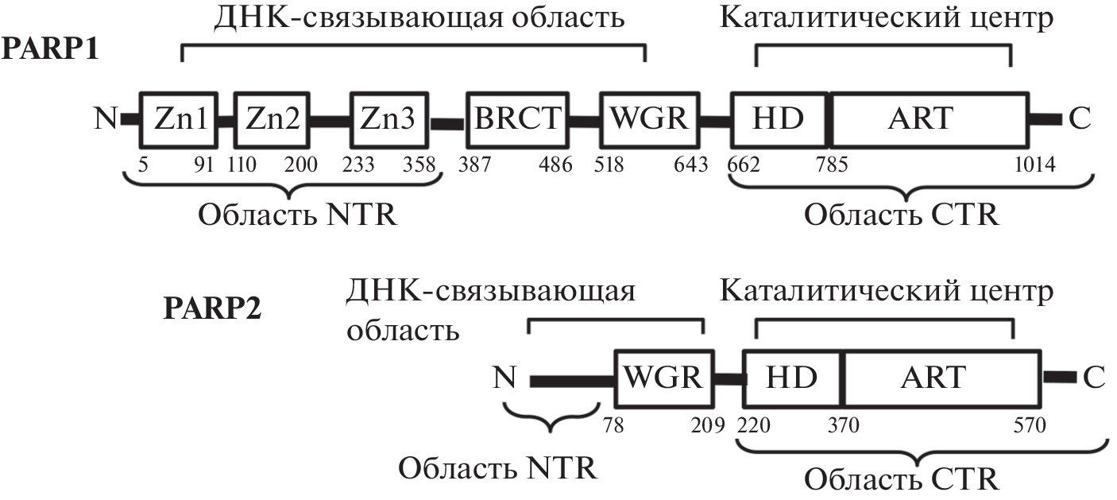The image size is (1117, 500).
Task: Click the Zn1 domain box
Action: click(179, 118)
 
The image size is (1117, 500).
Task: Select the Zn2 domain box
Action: click(272, 118)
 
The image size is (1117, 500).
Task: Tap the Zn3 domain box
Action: click(387, 118)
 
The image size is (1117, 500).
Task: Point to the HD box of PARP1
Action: click(779, 118)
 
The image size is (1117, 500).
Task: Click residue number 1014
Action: click(1035, 165)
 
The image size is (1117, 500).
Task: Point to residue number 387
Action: click(475, 165)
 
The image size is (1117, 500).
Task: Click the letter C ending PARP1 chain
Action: click(1079, 119)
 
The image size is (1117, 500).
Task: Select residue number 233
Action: click(358, 165)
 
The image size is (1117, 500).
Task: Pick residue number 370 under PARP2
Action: click(843, 425)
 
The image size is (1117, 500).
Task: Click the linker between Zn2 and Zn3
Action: click(330, 120)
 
